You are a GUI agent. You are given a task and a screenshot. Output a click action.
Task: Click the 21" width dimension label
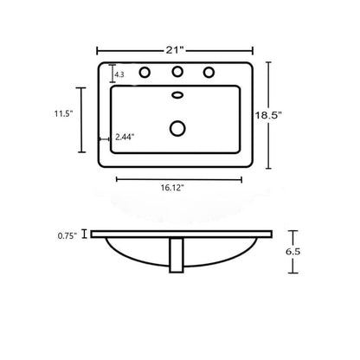[175, 50]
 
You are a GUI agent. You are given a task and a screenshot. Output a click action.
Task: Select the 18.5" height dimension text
[268, 115]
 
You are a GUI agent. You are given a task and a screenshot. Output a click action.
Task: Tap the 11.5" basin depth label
[63, 113]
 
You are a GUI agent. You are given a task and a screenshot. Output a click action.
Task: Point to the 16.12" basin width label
[172, 188]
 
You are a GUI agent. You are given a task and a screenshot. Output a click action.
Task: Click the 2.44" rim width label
[125, 137]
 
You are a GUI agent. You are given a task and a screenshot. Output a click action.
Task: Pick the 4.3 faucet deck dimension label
[119, 74]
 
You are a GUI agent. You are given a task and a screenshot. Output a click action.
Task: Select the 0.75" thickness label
[67, 236]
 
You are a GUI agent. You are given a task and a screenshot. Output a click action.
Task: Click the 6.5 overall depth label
[293, 252]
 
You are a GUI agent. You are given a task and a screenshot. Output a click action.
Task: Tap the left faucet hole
[145, 73]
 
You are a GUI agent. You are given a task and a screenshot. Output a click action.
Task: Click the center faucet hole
[177, 72]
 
